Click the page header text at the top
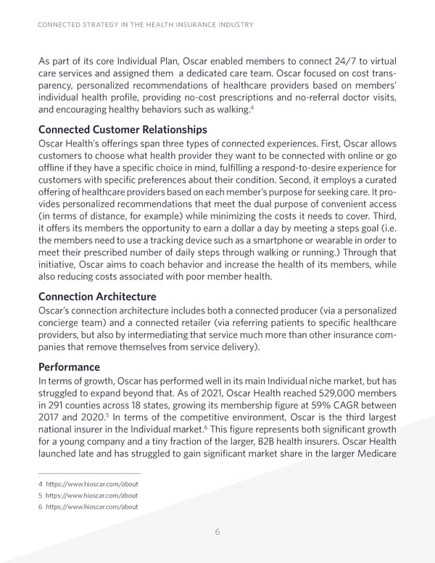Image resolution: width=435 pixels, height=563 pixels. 144,25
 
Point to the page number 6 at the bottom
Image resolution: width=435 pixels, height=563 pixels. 217,531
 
